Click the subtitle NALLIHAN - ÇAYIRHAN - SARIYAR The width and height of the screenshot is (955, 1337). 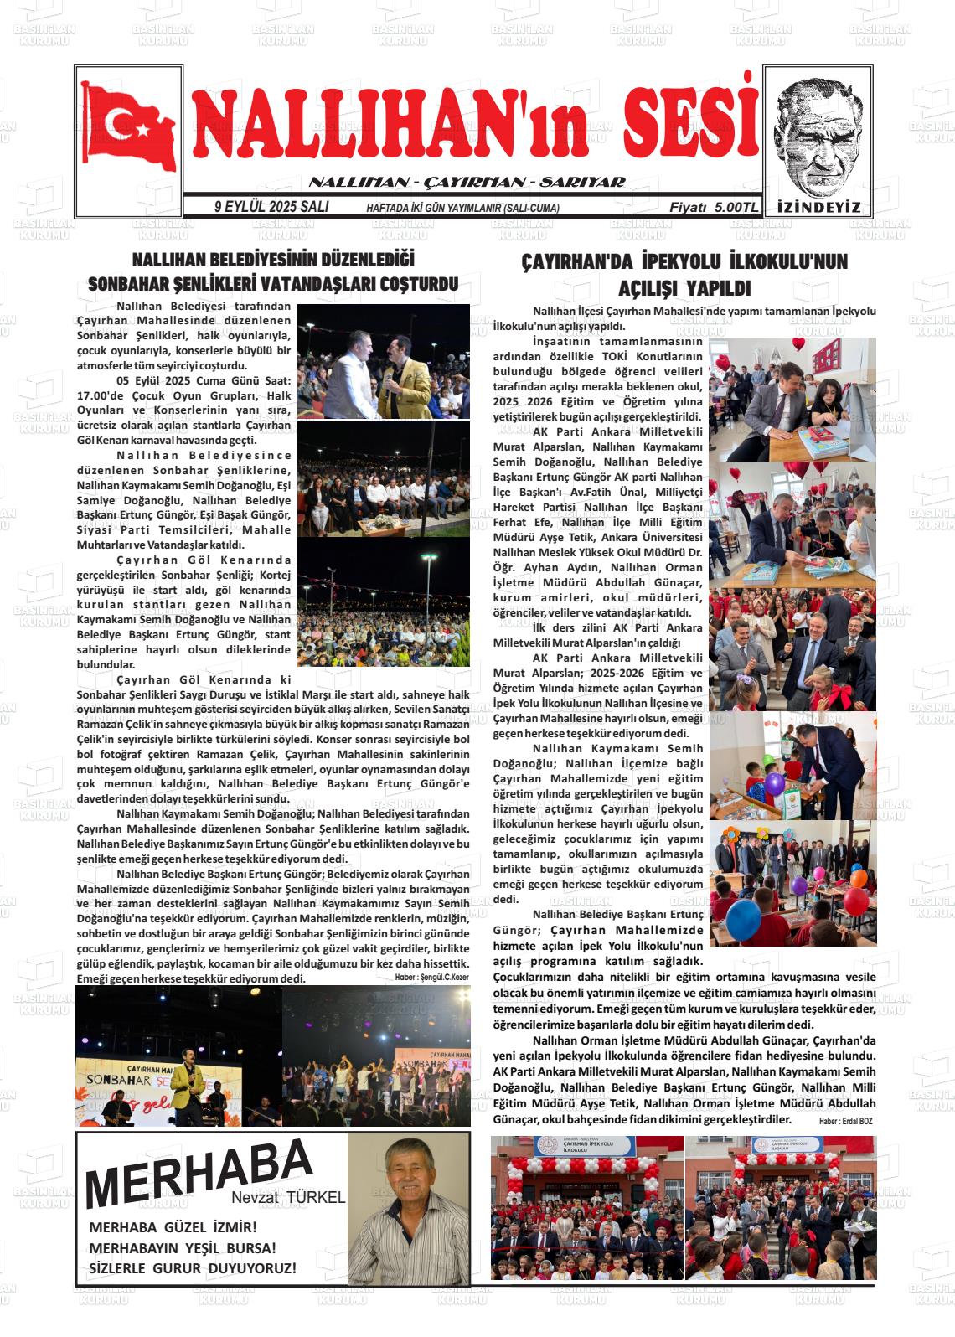click(467, 183)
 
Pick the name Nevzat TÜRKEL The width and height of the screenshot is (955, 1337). click(299, 1198)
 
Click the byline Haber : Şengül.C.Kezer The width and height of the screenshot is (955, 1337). click(431, 978)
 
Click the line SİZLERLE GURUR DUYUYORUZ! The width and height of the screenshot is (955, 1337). click(192, 1268)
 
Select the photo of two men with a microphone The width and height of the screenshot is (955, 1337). click(383, 362)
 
